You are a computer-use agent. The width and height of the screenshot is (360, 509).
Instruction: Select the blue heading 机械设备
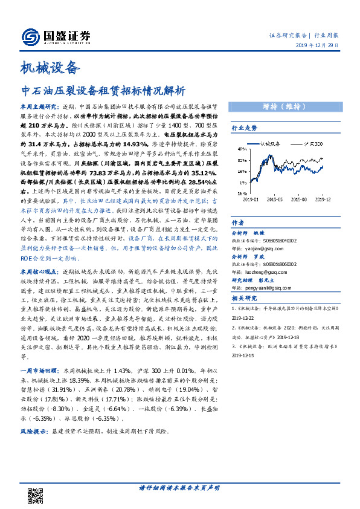pyautogui.click(x=50, y=67)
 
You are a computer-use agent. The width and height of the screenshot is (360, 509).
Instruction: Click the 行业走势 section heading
pyautogui.click(x=245, y=128)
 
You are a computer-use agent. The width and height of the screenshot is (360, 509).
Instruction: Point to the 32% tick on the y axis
pyautogui.click(x=240, y=161)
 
